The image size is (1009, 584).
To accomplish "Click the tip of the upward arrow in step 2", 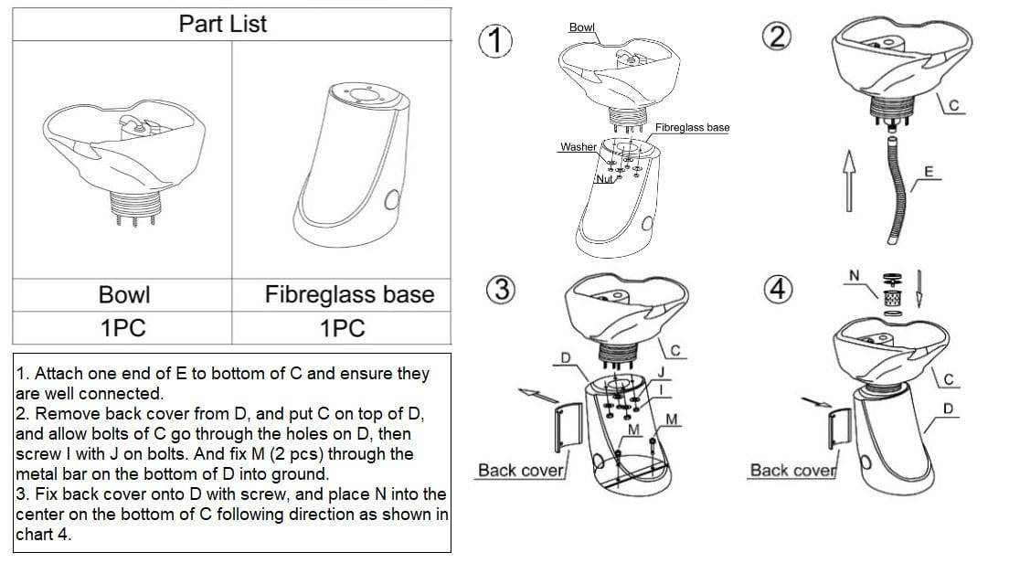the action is tap(849, 151).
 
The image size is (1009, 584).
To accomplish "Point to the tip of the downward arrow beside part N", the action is tap(919, 307).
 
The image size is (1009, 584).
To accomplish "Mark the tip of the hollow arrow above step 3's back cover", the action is tap(518, 390).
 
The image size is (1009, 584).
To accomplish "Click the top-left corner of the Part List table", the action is tap(13, 8).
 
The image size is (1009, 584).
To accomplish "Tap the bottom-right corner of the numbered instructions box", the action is tap(451, 552).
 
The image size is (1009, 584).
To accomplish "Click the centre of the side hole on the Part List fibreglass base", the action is tap(391, 201).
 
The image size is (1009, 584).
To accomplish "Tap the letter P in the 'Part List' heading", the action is tap(186, 24).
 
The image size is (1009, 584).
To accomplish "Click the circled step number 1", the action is tap(495, 40).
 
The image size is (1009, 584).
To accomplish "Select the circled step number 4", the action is tap(778, 289).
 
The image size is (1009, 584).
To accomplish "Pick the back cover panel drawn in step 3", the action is tap(568, 427).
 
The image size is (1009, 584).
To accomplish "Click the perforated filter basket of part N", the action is tap(892, 298).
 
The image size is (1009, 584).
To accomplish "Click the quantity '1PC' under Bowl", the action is tap(122, 328).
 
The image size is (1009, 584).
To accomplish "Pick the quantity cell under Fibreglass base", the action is tap(342, 328).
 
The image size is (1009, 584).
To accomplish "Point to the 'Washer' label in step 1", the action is tap(578, 146).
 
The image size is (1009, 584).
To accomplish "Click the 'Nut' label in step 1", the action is tap(604, 179).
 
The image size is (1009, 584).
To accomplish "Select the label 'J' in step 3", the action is tap(661, 372).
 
